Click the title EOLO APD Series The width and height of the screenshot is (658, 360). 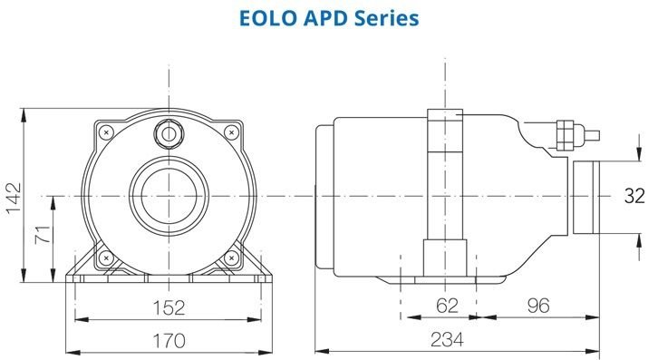coord(329,17)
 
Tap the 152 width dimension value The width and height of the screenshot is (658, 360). coord(168,306)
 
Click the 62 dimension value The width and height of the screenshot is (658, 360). coord(447,306)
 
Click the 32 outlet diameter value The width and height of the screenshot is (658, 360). coord(636,195)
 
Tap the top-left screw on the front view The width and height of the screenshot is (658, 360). coord(108,132)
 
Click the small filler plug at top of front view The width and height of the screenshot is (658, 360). coord(169,132)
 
